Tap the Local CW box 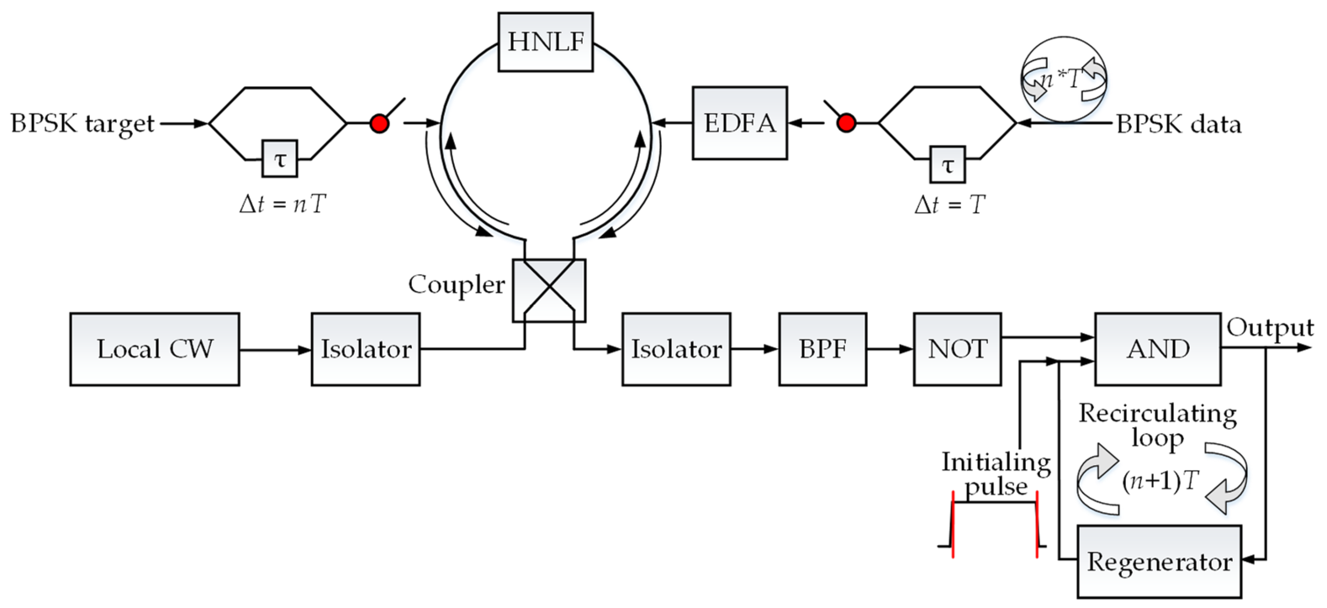(155, 349)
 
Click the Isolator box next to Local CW (366, 349)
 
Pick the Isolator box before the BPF (676, 349)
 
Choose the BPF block (822, 349)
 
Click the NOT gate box (957, 349)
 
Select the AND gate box (1158, 349)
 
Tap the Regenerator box (1159, 562)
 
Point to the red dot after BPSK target (380, 124)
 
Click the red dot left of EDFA (846, 124)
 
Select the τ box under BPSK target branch (280, 159)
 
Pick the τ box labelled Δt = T (947, 165)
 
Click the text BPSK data (1179, 125)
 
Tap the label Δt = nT (283, 204)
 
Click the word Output (1270, 327)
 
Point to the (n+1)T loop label (1161, 481)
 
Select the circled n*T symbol (1064, 79)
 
